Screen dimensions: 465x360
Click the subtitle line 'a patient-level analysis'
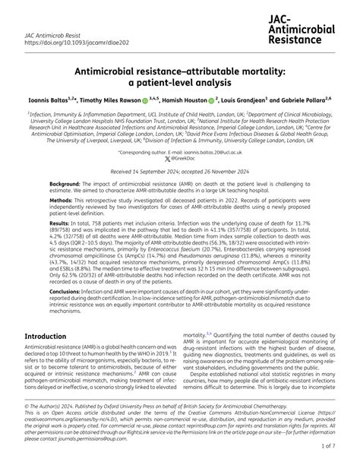pyautogui.click(x=179, y=83)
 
